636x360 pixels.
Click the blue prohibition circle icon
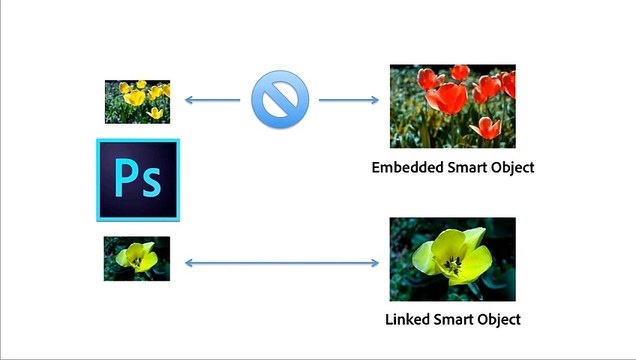(273, 101)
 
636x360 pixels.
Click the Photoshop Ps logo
(138, 180)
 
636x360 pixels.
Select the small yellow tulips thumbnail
(138, 101)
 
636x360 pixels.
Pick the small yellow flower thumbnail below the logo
(137, 258)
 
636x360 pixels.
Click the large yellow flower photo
(452, 260)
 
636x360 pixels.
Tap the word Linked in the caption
(406, 320)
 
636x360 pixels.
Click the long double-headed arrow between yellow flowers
(281, 264)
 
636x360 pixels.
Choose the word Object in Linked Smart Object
(497, 320)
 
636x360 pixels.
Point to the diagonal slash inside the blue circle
(273, 101)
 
